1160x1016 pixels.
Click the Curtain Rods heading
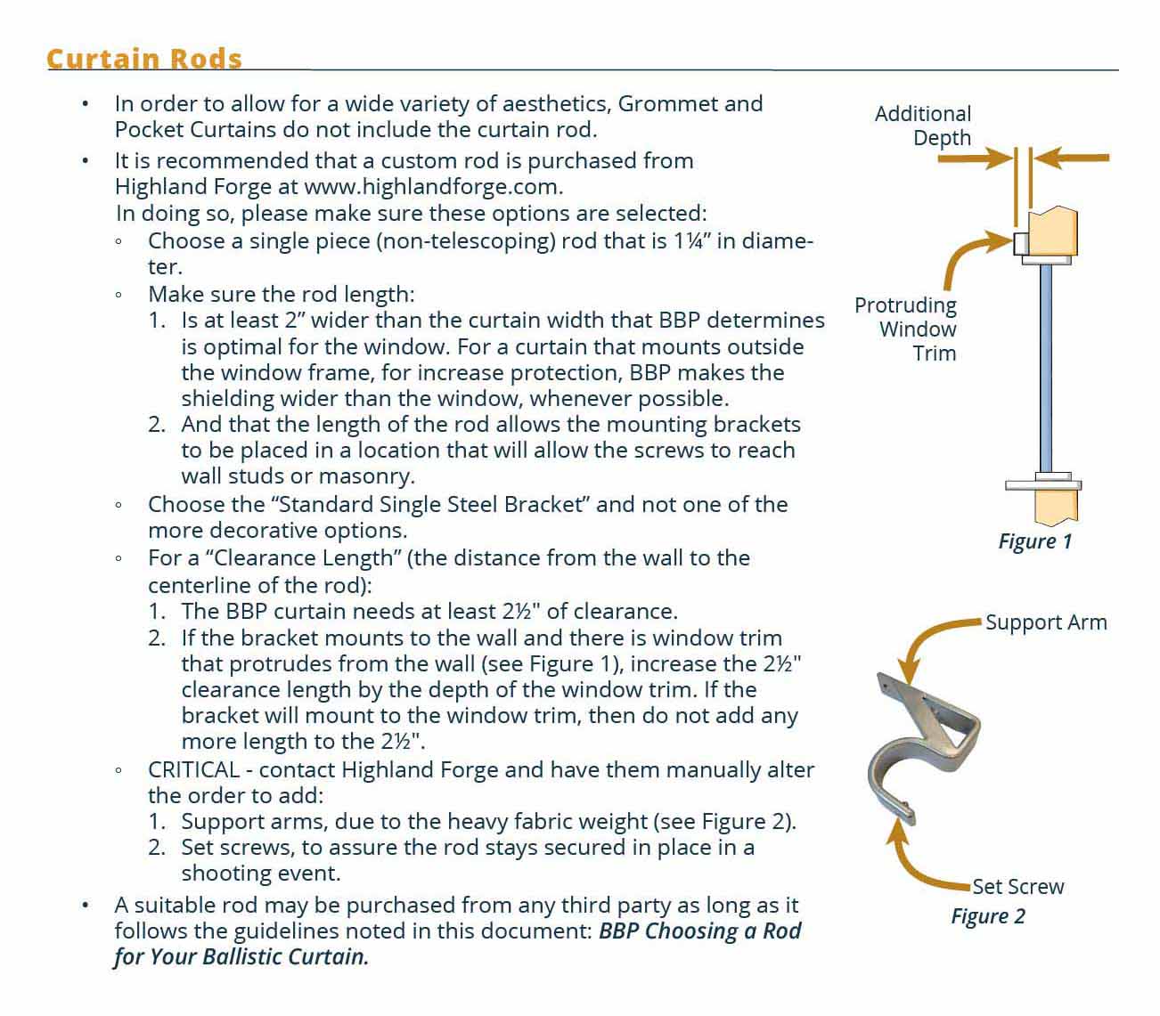[x=143, y=59]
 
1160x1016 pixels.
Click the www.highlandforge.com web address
[x=433, y=187]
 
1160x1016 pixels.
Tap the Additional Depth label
[x=923, y=126]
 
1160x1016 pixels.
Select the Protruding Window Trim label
[x=906, y=329]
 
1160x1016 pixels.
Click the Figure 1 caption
[x=1034, y=541]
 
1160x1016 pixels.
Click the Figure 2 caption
[x=987, y=916]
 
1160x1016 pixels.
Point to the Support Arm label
[x=1045, y=622]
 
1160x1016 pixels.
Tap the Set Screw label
[x=1017, y=887]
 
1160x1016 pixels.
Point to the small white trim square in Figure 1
[x=1022, y=242]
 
